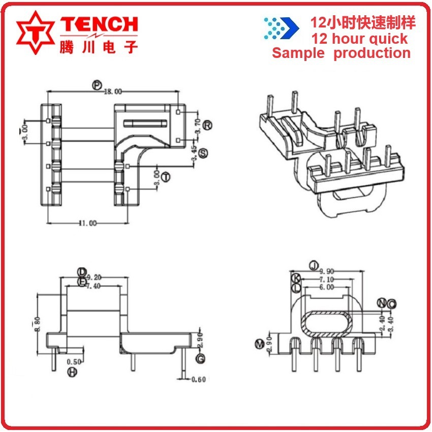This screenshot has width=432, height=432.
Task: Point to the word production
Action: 372,53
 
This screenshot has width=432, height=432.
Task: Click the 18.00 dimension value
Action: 113,91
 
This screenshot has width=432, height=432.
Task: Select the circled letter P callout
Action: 97,85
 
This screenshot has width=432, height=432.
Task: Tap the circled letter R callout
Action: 207,125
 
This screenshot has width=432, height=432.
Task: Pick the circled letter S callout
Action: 203,153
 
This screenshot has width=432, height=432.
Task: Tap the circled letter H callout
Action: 72,373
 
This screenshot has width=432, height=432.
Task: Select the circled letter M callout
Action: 260,344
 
